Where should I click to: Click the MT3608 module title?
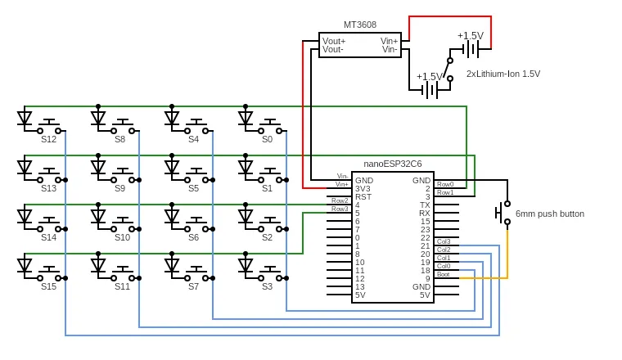[x=360, y=25]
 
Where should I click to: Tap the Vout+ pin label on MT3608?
[x=334, y=41]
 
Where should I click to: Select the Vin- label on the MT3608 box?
[x=390, y=50]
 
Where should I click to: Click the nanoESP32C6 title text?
[x=392, y=164]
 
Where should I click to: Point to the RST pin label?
[x=363, y=197]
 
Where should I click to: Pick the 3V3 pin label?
[x=363, y=189]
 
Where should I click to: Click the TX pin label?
[x=425, y=205]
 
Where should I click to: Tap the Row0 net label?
[x=445, y=184]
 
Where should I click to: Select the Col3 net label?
[x=444, y=241]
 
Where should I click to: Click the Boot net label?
[x=443, y=274]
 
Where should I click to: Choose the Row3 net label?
[x=340, y=209]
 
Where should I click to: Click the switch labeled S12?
[x=49, y=127]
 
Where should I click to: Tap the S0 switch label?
[x=268, y=139]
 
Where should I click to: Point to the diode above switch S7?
[x=172, y=264]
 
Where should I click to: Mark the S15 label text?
[x=49, y=286]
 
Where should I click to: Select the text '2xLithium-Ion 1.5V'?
[x=503, y=74]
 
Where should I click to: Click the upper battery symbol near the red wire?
[x=471, y=49]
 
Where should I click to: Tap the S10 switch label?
[x=122, y=237]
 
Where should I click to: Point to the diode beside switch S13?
[x=25, y=167]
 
